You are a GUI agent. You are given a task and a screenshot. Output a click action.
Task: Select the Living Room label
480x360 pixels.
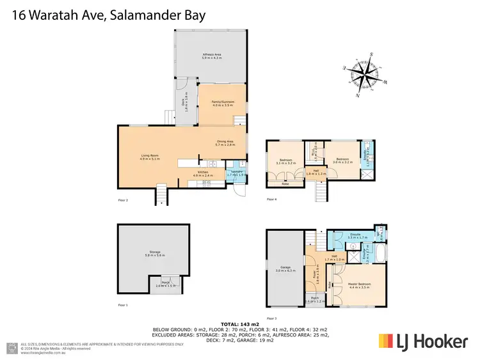[150, 156]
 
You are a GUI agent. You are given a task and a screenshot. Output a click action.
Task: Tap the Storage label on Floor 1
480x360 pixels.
[153, 253]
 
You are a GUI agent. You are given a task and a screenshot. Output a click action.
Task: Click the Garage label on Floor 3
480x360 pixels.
[285, 269]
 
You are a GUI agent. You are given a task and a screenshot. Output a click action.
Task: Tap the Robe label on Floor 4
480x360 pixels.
[285, 184]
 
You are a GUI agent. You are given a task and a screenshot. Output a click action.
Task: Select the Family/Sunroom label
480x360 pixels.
[220, 102]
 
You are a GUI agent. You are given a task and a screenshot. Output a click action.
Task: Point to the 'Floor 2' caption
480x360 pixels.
[124, 200]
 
